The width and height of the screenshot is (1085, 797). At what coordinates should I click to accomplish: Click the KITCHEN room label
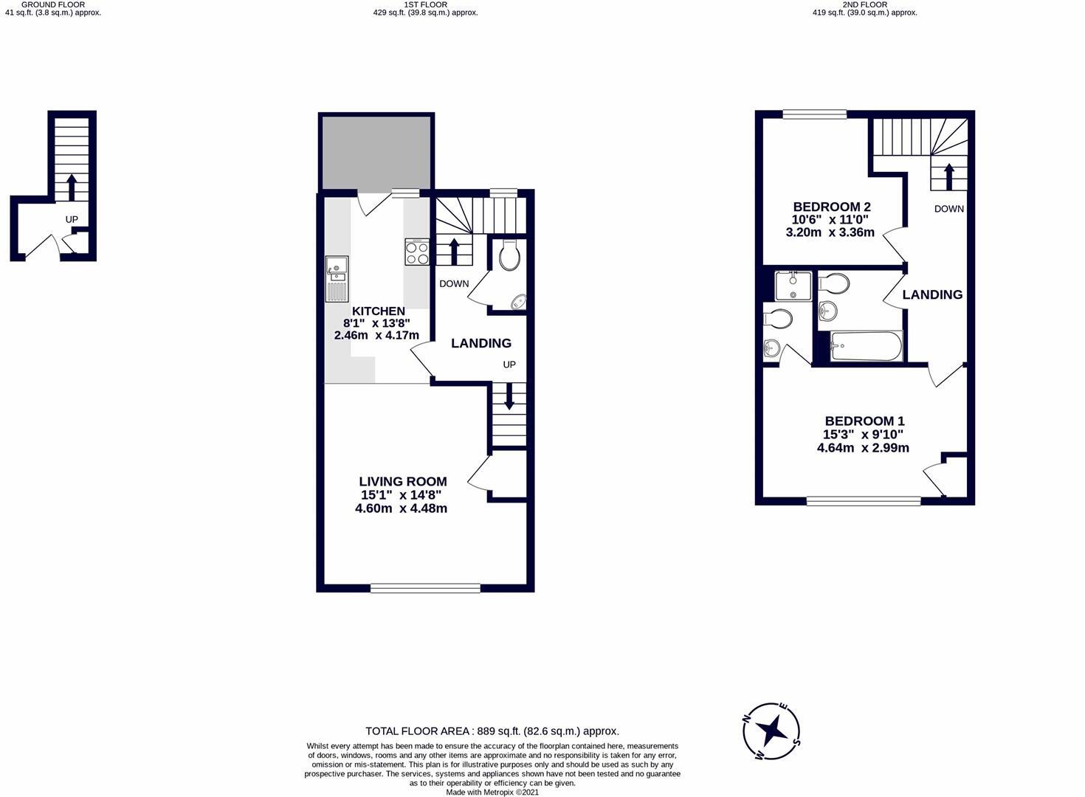click(378, 311)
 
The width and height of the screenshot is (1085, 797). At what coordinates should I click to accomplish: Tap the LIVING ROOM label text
click(402, 481)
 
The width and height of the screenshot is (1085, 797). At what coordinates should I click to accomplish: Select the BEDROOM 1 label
click(864, 421)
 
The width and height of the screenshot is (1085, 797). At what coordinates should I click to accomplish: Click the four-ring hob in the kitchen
click(417, 252)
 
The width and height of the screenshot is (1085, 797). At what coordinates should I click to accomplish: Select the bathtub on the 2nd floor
click(866, 346)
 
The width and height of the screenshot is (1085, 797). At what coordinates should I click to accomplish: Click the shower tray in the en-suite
click(793, 285)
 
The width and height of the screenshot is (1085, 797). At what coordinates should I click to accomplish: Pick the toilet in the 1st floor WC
click(509, 256)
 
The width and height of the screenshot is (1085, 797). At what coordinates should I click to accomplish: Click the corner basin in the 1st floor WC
click(519, 301)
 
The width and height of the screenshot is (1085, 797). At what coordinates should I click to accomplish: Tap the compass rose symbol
click(772, 731)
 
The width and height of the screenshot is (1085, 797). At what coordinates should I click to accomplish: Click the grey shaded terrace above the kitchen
click(376, 152)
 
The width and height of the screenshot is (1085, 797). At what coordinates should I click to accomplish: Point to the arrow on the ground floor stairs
click(72, 187)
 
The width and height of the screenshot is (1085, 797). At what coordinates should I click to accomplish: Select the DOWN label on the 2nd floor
click(948, 209)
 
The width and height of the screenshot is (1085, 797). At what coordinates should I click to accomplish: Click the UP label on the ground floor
click(72, 219)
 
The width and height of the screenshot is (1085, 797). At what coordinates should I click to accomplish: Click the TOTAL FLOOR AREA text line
click(492, 731)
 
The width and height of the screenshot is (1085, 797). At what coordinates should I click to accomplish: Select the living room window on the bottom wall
click(425, 588)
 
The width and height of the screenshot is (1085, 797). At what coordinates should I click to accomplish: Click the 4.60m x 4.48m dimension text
click(401, 508)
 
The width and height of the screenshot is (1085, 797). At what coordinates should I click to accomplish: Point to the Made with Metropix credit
click(492, 793)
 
